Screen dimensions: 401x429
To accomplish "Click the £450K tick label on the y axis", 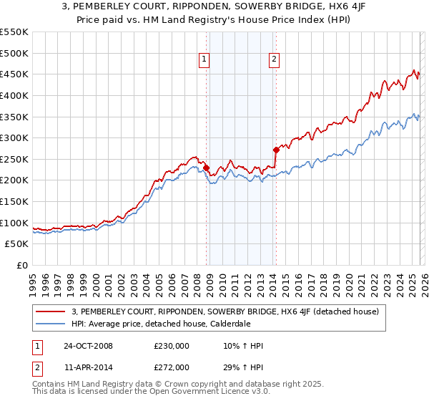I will click(x=14, y=74).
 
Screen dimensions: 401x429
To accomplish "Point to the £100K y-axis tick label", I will click(x=14, y=223).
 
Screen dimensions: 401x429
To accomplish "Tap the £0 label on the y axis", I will click(x=22, y=266).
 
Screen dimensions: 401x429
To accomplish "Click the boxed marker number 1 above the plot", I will click(x=204, y=59).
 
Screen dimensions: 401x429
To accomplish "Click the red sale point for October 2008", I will click(x=207, y=168).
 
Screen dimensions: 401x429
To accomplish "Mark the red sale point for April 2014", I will click(x=276, y=150).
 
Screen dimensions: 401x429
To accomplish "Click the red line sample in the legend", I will click(x=51, y=311).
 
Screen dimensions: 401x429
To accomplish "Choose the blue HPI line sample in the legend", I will click(x=51, y=324).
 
